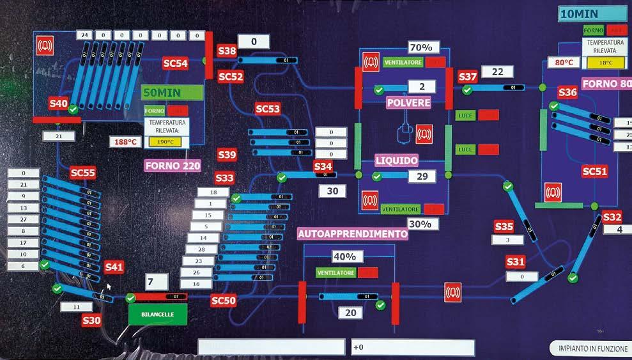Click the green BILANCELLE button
click(x=157, y=314)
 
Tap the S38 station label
click(x=227, y=51)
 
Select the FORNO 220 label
click(x=173, y=166)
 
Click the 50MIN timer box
click(x=172, y=92)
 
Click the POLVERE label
click(x=408, y=102)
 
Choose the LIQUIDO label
click(x=396, y=160)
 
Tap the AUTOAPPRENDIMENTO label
click(x=353, y=234)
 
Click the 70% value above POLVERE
click(x=420, y=47)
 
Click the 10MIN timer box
click(x=591, y=13)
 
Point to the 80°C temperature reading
click(x=563, y=63)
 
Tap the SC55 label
click(x=83, y=173)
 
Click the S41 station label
click(x=114, y=267)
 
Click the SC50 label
click(x=224, y=301)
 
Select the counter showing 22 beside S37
click(x=498, y=72)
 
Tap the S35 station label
click(x=504, y=226)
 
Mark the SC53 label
click(x=268, y=109)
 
